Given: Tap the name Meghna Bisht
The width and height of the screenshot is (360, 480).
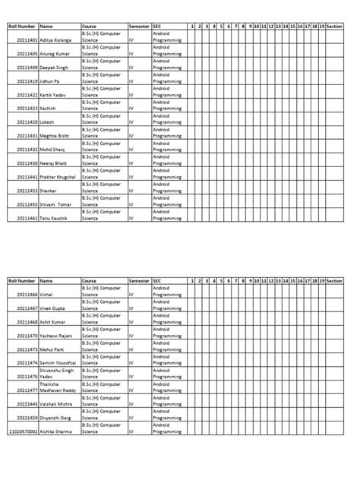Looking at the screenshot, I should [x=55, y=136].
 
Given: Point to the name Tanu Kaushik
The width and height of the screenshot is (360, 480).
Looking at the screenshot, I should [x=55, y=218].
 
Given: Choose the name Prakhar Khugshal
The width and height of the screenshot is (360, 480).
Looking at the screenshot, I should [x=58, y=177].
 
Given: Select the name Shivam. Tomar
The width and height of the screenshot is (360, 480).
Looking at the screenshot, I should [x=58, y=204].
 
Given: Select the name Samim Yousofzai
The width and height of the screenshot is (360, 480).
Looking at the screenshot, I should [x=58, y=362].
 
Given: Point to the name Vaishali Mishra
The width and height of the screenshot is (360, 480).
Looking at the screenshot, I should [x=57, y=403].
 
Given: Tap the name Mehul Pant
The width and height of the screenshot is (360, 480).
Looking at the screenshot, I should [x=53, y=349].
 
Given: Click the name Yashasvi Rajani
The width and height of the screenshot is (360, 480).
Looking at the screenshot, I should [x=58, y=335].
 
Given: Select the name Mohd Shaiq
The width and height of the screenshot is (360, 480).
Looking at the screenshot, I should [x=54, y=150].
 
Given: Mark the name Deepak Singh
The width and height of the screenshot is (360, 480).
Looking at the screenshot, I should [x=55, y=67].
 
